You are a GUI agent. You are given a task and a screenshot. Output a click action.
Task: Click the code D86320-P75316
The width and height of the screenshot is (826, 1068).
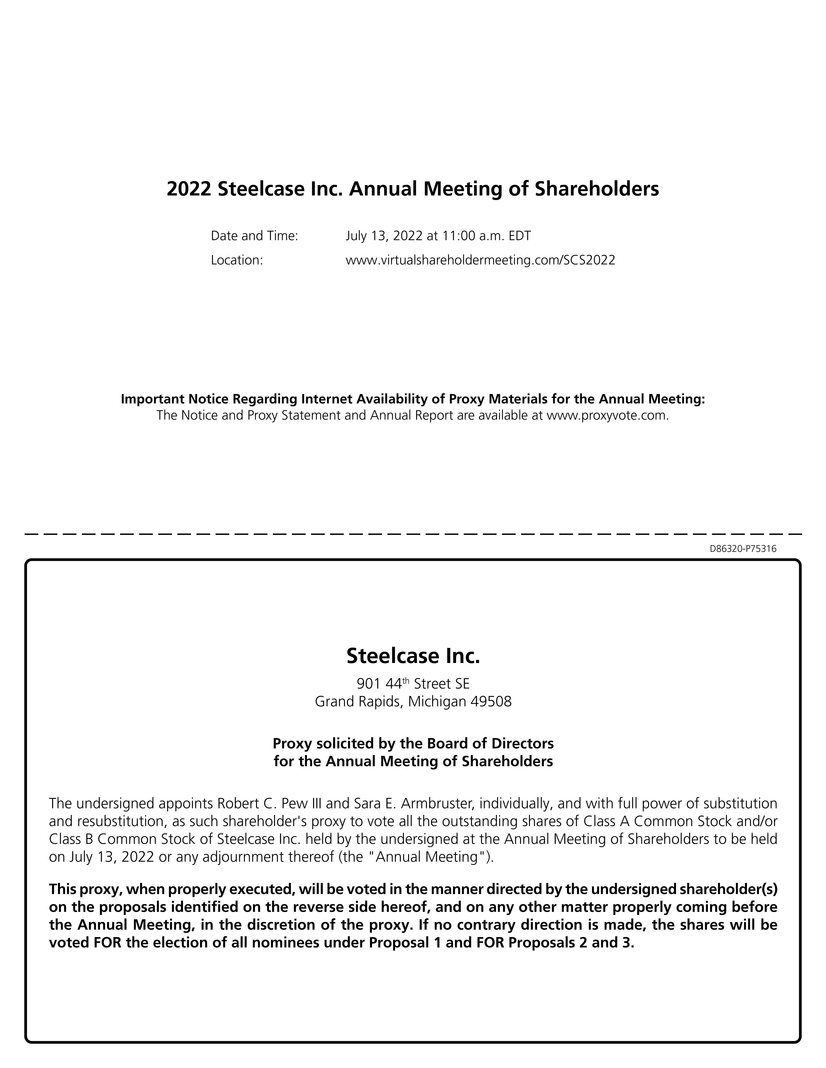[743, 549]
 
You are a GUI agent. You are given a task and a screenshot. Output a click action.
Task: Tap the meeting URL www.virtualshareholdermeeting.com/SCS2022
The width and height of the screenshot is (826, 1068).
[480, 260]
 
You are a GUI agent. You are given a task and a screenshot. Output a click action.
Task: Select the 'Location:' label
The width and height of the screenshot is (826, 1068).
[237, 260]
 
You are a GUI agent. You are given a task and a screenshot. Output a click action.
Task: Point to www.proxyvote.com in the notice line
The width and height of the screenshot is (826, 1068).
[606, 416]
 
